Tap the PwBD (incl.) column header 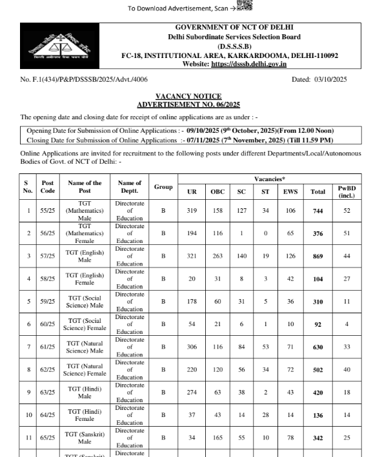pos(346,191)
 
